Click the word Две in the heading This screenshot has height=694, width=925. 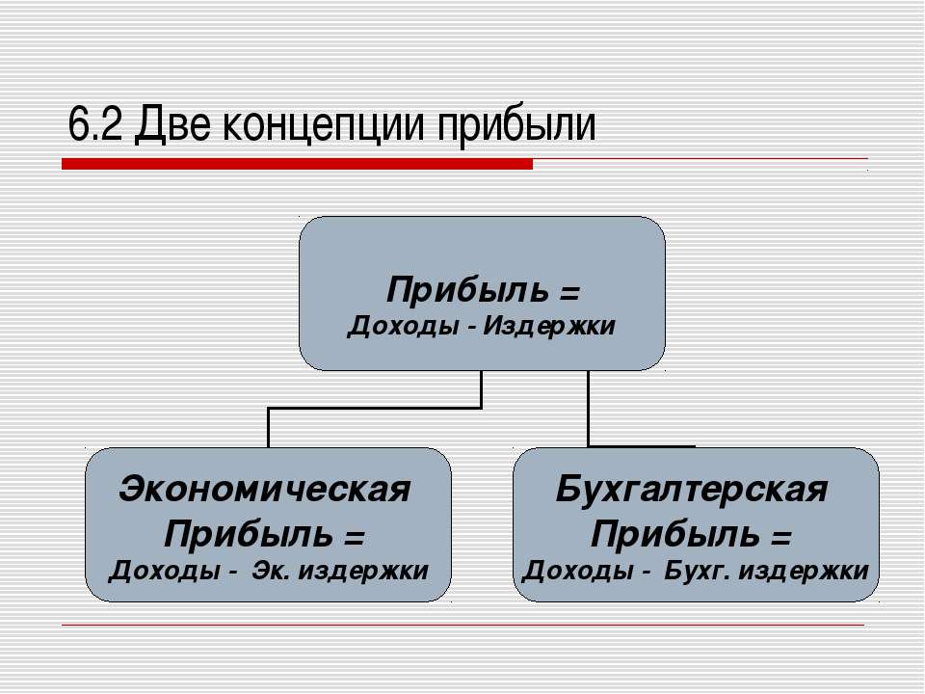(172, 124)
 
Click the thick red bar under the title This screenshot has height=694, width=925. (298, 164)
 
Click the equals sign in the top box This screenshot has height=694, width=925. (569, 291)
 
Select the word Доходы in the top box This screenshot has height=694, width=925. (403, 326)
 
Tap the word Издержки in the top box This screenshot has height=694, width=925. (549, 326)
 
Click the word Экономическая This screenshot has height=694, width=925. (265, 490)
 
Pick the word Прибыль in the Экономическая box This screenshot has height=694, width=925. (249, 535)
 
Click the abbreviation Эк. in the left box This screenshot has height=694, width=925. (271, 570)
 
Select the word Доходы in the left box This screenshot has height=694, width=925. (165, 571)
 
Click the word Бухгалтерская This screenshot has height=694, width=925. (692, 490)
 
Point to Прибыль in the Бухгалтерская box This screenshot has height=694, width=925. (674, 535)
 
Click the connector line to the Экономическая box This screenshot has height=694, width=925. (375, 408)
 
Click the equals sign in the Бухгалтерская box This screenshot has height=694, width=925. (780, 537)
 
